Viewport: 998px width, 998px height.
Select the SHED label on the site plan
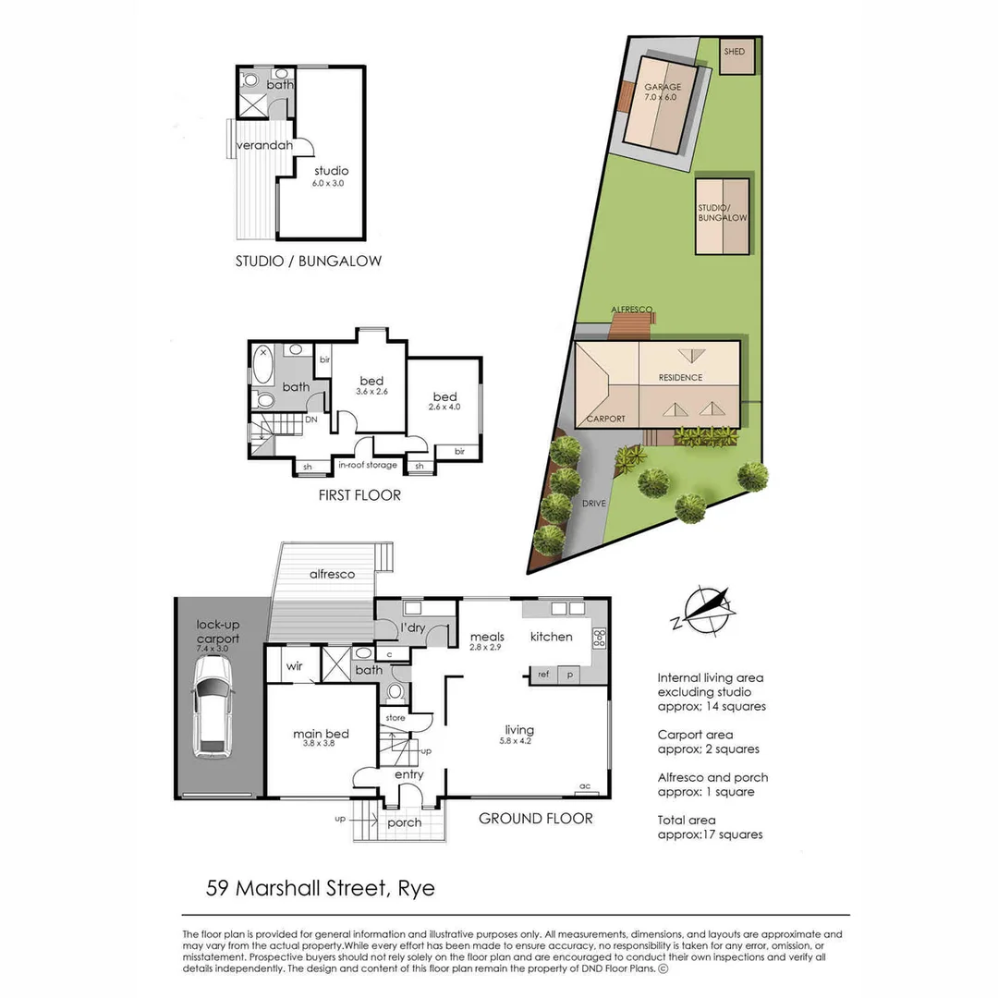pos(735,53)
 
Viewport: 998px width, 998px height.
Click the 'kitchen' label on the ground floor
pos(551,637)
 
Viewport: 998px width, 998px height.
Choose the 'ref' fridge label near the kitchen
pos(543,675)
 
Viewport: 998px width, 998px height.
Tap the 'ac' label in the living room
pos(584,786)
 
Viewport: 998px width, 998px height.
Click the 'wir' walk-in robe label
pos(295,665)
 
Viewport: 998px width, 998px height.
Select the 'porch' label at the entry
pos(405,822)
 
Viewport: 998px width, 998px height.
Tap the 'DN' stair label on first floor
pos(311,419)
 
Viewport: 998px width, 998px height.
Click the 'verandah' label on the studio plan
pos(264,146)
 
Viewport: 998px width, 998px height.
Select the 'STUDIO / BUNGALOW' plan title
pos(308,262)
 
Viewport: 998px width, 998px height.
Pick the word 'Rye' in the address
pos(416,889)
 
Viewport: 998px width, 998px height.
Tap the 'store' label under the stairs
pos(395,716)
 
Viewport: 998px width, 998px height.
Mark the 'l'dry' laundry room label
pos(412,629)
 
